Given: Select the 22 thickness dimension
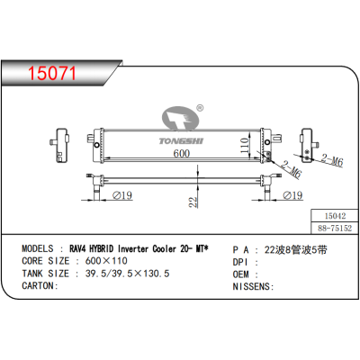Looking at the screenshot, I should (x=193, y=203).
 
